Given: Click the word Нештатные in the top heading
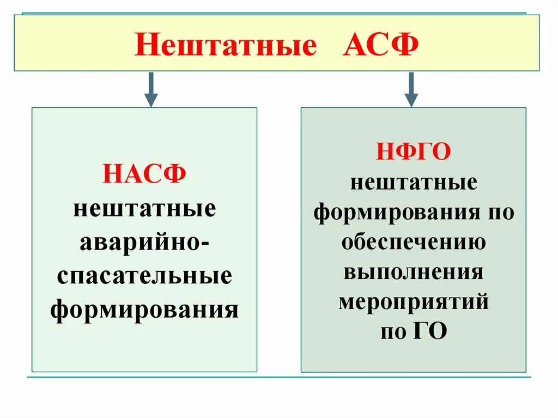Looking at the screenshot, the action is [225, 44].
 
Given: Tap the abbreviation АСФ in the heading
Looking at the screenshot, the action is [381, 44].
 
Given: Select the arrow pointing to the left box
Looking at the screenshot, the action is [151, 89].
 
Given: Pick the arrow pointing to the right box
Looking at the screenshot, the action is [411, 89].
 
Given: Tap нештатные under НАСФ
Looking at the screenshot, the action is [144, 210].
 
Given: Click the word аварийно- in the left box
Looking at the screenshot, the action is [144, 243].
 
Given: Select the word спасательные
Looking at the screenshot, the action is [144, 276].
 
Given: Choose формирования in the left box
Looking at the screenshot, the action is [144, 310].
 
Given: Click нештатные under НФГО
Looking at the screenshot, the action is [414, 183].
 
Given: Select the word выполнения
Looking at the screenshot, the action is [414, 272].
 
